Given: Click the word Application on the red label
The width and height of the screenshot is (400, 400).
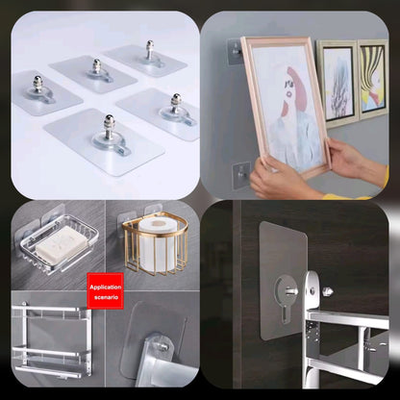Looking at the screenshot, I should (x=106, y=287).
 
